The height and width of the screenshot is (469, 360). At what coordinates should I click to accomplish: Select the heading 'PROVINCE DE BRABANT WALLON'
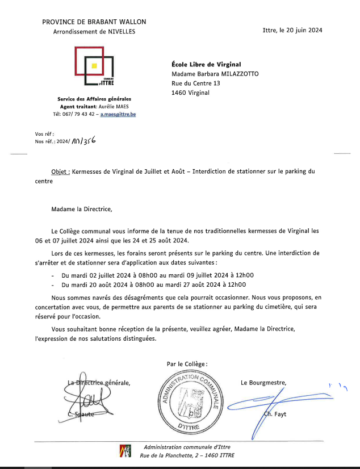coord(94,22)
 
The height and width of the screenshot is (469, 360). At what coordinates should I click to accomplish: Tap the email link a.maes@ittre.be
coord(118,114)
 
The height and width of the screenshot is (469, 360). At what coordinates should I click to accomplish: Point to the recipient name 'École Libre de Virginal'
coord(206,64)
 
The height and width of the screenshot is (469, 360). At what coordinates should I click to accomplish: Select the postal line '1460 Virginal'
coord(190,93)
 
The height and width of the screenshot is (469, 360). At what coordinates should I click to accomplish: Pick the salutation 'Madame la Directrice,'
coord(82,208)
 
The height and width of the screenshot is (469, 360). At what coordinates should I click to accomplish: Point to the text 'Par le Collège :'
coord(187,363)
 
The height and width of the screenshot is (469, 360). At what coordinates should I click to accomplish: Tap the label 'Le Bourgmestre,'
coord(263,382)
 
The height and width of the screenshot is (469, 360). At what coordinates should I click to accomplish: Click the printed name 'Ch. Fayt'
coord(275,414)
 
